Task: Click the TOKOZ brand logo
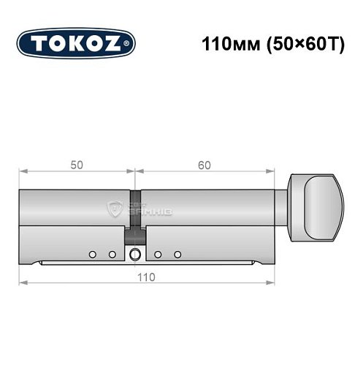click(x=75, y=42)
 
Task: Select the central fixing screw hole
click(x=135, y=255)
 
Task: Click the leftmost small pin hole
click(x=92, y=255)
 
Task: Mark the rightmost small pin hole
click(x=177, y=255)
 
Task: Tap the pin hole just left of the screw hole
click(x=112, y=255)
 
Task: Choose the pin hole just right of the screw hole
click(x=157, y=255)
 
